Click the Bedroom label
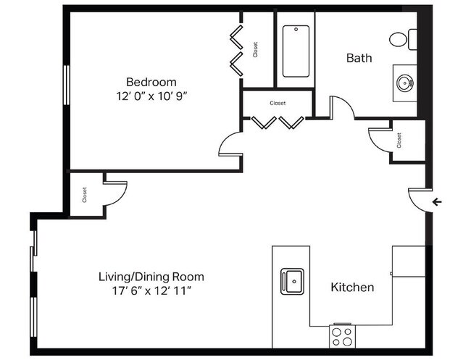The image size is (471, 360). click(151, 82)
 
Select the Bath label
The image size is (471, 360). click(359, 58)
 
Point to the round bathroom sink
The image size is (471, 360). click(404, 82)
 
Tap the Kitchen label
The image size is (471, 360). click(352, 288)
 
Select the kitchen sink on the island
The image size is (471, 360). click(293, 280)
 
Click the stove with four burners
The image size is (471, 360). click(341, 335)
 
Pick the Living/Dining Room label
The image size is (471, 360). click(151, 277)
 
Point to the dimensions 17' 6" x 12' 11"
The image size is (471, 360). click(151, 290)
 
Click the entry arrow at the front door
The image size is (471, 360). click(435, 202)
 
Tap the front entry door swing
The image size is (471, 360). click(417, 199)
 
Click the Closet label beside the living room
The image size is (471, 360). click(85, 194)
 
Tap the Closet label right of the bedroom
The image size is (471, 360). click(256, 49)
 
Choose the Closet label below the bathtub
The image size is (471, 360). click(278, 104)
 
